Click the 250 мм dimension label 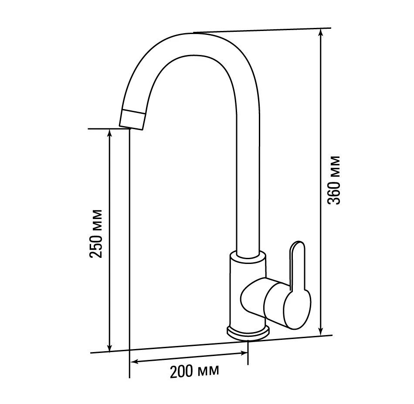(x=95, y=233)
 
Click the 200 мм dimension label (x=194, y=371)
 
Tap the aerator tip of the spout (x=132, y=120)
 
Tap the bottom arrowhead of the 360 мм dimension (x=321, y=331)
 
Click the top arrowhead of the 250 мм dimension (x=109, y=134)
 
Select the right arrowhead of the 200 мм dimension (x=243, y=353)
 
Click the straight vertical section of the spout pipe (x=248, y=185)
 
